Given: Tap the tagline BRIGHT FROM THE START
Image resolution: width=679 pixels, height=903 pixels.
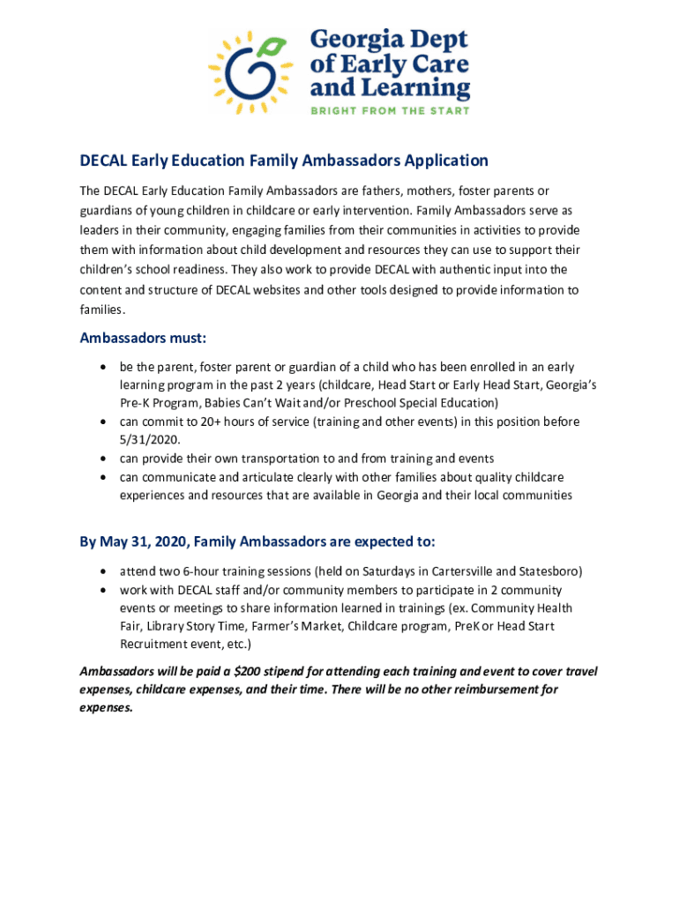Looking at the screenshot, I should [x=388, y=110].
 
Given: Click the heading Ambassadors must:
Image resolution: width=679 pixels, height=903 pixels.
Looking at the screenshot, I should [x=143, y=338].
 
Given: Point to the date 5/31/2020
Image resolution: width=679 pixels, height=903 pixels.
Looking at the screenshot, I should [x=147, y=439].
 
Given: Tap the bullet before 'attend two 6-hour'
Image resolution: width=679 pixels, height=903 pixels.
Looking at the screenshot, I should [x=106, y=571].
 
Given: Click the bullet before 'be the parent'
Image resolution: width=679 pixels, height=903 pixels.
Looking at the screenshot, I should [x=106, y=366].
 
